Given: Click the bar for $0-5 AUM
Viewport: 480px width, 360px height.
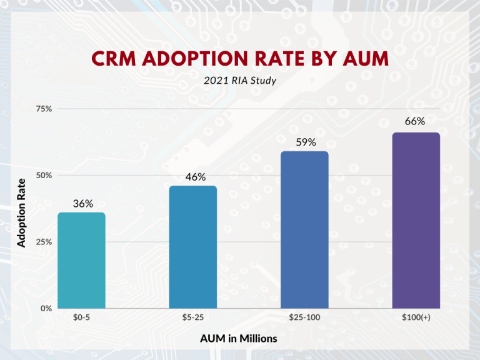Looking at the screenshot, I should point(81,260).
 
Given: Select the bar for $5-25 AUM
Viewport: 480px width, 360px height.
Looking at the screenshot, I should point(193,247).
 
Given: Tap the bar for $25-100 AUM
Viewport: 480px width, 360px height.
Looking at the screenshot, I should point(304,229).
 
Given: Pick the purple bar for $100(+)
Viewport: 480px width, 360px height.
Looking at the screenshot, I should point(416,220).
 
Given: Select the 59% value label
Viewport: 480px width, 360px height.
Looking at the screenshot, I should point(306,142).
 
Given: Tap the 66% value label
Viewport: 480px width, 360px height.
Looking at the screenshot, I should point(415,122).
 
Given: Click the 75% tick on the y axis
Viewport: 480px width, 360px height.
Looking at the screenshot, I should point(44,109).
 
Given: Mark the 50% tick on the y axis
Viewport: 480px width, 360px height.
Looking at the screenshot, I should point(44,176).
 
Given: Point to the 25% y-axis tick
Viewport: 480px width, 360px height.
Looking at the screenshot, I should point(44,242).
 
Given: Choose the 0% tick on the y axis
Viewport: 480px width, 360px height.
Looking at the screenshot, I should point(46,308).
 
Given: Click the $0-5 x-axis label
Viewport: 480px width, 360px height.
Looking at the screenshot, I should point(82,318).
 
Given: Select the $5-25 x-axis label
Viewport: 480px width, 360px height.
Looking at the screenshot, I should point(193,318).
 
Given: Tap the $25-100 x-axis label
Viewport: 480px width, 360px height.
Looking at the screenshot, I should point(304,318).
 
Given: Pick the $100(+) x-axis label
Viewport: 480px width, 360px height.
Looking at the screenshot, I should point(416,318).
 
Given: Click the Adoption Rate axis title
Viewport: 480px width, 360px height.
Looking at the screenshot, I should point(22,212).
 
